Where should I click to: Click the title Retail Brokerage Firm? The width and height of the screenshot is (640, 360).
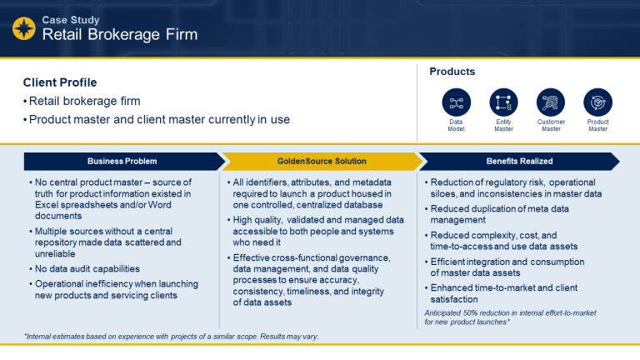tap(120, 35)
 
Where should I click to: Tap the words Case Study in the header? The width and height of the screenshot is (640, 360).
tap(72, 18)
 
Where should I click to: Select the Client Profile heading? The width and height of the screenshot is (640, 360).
tap(60, 82)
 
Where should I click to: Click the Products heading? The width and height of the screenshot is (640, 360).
tap(452, 72)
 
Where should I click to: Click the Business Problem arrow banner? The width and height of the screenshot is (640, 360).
tap(122, 161)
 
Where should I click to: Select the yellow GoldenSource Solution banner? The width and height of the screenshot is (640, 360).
tap(321, 161)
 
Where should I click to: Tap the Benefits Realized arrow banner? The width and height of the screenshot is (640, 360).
tap(520, 161)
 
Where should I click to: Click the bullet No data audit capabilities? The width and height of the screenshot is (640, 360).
tap(87, 268)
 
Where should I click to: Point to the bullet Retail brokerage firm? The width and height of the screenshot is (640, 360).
tap(84, 101)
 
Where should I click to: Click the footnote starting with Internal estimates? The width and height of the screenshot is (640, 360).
tap(171, 337)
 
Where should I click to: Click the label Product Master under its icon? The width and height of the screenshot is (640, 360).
tap(597, 126)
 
